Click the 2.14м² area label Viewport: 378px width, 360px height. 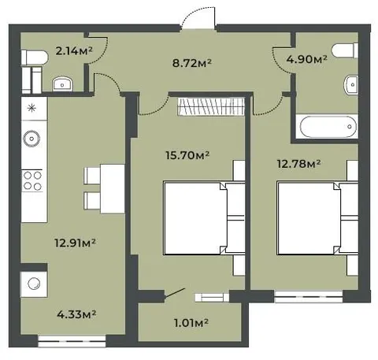pos(74,50)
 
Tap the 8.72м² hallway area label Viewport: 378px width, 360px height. pos(191,63)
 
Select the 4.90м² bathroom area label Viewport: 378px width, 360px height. pos(306,59)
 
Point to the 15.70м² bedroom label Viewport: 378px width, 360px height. pos(187,155)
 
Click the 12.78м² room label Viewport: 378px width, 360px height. pos(298,164)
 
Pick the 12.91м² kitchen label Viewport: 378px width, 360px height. pos(75,243)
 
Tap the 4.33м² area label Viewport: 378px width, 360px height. pos(76,314)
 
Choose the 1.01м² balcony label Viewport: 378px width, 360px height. pos(191,323)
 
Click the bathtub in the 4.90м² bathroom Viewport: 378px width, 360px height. pos(328,127)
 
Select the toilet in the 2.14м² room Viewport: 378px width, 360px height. pos(35,58)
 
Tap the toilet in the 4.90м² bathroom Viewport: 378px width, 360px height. pos(345,50)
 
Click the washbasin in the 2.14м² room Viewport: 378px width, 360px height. pos(62,84)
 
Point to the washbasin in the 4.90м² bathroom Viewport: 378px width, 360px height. pos(351,84)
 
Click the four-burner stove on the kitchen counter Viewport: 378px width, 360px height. pos(32,180)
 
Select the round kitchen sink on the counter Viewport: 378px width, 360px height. pos(31,139)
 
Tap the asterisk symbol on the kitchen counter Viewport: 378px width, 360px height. pos(31,108)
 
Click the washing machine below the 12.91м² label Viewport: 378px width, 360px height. pos(34,284)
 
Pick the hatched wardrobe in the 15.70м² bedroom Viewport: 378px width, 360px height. pos(211,106)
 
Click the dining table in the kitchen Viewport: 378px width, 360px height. pos(113,188)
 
